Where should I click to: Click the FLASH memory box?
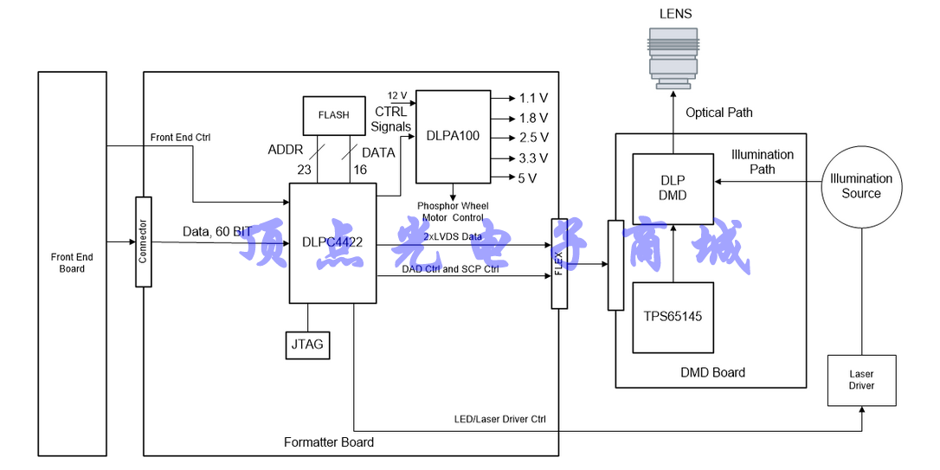[x=333, y=115]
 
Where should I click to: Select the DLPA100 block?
[x=452, y=136]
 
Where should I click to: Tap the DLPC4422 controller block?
[x=332, y=243]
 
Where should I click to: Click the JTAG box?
[x=307, y=344]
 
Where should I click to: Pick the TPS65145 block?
[x=673, y=317]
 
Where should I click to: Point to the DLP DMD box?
[x=673, y=188]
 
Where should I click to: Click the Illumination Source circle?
[x=861, y=186]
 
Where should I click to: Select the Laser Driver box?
[x=860, y=380]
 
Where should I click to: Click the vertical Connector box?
[x=144, y=241]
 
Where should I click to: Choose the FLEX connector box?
[x=559, y=263]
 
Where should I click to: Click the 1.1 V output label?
[x=533, y=99]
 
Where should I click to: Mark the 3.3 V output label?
[x=533, y=158]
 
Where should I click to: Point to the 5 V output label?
[x=527, y=178]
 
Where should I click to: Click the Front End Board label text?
[x=72, y=263]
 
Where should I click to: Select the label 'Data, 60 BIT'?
[x=217, y=232]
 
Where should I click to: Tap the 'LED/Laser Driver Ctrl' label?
[x=500, y=420]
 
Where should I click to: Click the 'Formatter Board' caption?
[x=329, y=442]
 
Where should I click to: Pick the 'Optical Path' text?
[x=718, y=113]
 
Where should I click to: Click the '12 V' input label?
[x=396, y=95]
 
